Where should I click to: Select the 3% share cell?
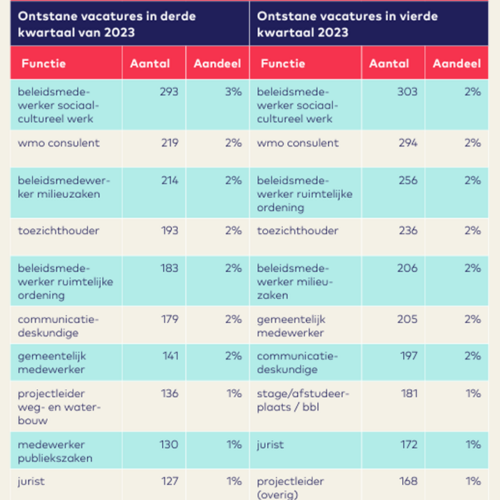tap(233, 92)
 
